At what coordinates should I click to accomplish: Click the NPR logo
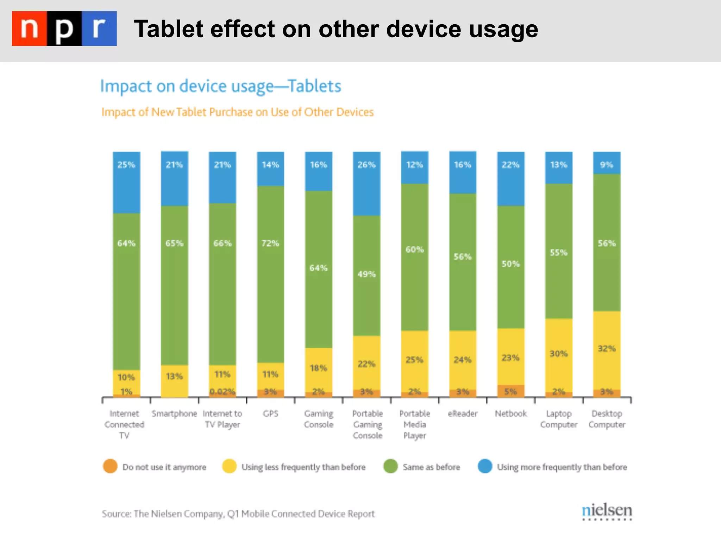point(64,29)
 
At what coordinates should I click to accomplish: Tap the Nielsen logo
point(607,511)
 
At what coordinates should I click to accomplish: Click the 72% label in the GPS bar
point(270,243)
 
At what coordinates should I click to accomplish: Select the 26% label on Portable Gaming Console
point(366,165)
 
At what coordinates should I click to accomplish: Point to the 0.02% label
point(222,392)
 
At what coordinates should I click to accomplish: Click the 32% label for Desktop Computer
point(607,349)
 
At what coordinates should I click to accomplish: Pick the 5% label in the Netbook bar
point(510,391)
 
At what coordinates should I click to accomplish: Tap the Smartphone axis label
point(174,413)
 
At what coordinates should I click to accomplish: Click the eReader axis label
point(463,413)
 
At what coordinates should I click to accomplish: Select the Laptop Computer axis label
point(559,419)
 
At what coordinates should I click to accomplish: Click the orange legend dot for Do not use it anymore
point(110,466)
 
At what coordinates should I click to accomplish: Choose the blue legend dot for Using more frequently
point(485,466)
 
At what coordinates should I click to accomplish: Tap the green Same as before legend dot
point(390,466)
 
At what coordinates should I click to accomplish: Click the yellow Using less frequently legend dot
point(229,466)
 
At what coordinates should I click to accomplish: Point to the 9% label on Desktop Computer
point(607,165)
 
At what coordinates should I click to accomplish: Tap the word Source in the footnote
point(116,514)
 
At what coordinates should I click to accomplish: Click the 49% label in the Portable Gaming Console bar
point(366,274)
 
